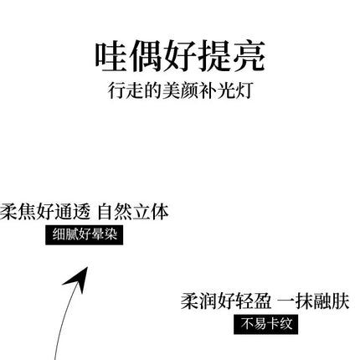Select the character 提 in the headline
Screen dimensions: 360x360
214,56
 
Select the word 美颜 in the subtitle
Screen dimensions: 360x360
180,90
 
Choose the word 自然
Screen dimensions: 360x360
115,212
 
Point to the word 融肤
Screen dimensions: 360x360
332,301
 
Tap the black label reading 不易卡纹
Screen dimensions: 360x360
266,324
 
